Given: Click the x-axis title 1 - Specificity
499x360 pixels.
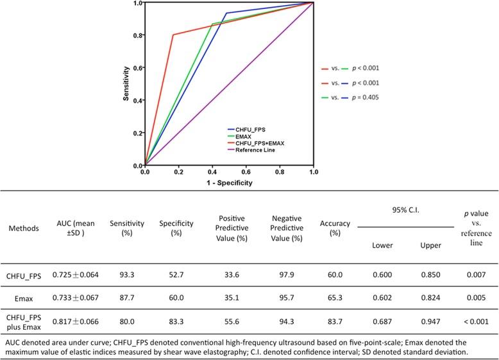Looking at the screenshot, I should click(229, 183).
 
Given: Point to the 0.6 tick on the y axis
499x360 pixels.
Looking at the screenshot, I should click(138, 68).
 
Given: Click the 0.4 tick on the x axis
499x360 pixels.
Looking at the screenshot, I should click(212, 173).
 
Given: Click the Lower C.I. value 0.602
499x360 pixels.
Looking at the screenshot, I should click(384, 295).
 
